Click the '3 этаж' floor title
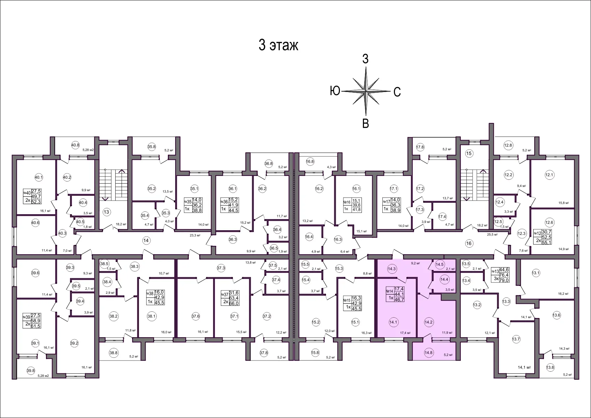pos(278,45)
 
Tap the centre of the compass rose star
pos(366,91)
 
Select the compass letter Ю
pos(335,91)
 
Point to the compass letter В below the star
pos(365,123)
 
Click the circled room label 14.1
pos(393,322)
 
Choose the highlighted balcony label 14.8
pos(428,353)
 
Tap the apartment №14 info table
pos(395,294)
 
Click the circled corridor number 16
pos(469,243)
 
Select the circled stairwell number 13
pos(106,212)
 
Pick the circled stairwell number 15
pos(469,153)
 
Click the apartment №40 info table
pos(32,196)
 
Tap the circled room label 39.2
pos(74,343)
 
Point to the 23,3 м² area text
pos(195,235)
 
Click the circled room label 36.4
pos(277,230)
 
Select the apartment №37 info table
pos(230,298)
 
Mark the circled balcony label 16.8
pos(310,162)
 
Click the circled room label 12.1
pos(549,175)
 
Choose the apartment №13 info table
pos(500,275)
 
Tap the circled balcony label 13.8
pos(550,367)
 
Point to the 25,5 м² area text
pos(492,235)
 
